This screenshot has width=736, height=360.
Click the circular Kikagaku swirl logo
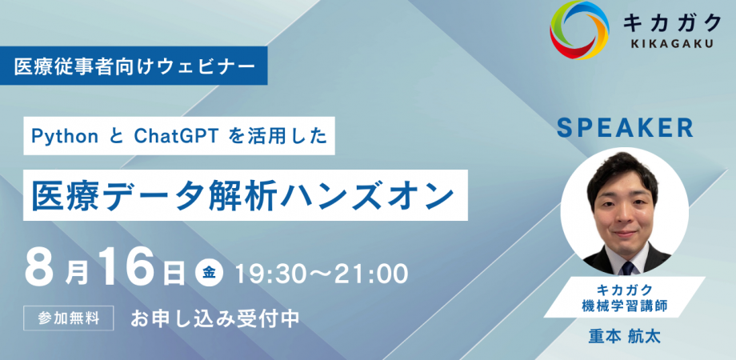(x=578, y=30)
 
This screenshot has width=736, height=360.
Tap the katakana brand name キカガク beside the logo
(x=672, y=22)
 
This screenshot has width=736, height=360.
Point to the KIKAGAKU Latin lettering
(x=672, y=44)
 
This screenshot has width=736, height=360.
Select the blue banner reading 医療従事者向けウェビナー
(x=134, y=66)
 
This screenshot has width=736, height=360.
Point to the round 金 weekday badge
(x=210, y=274)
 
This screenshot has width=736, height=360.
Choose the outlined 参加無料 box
(x=69, y=318)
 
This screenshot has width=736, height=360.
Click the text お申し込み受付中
(x=215, y=318)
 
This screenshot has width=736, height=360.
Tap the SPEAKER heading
(x=625, y=128)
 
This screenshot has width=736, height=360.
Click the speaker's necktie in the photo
(x=627, y=268)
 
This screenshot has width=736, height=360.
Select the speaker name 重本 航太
(x=624, y=337)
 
